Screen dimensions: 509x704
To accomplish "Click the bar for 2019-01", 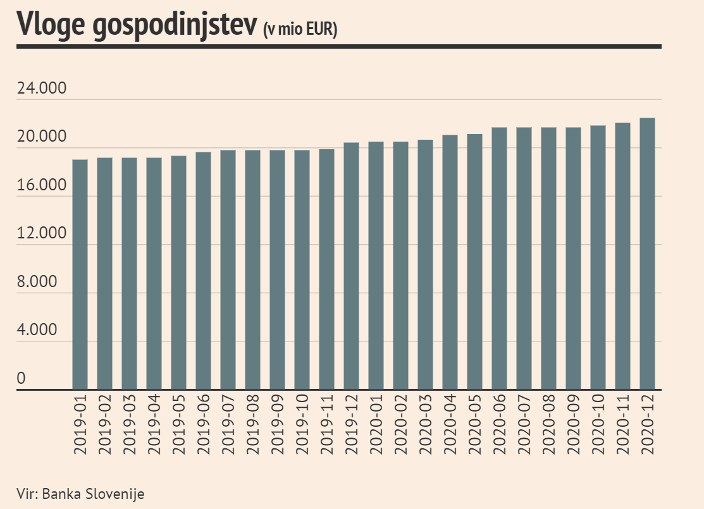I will [x=80, y=274].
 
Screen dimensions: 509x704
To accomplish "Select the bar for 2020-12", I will [x=647, y=254].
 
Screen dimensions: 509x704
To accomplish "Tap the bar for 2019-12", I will [x=351, y=266].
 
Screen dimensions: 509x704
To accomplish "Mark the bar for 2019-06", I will [x=203, y=271].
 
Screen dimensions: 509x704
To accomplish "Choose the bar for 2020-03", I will [x=425, y=264].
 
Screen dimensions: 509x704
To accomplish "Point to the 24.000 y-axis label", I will [x=41, y=89].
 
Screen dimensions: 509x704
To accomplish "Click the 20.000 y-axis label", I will [x=41, y=137].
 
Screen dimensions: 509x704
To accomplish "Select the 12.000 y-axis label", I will [x=41, y=234].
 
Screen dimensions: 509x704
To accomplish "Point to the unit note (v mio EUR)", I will [x=300, y=30].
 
